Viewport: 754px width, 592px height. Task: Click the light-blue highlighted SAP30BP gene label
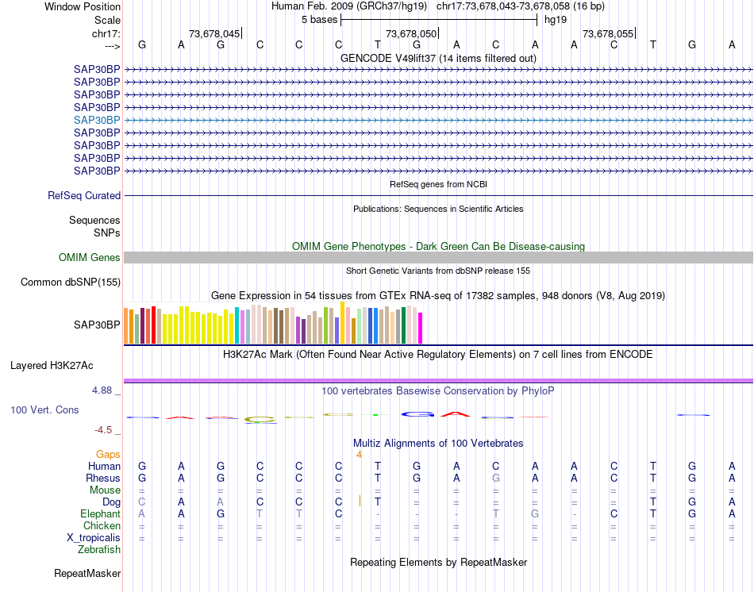tap(97, 120)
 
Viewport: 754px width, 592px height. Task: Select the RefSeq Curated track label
tap(84, 196)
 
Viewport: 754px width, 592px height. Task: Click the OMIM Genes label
tap(90, 258)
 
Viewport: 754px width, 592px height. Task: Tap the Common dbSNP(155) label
tap(71, 283)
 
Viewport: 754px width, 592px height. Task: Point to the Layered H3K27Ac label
tap(52, 366)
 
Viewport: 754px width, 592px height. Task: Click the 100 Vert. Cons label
tap(44, 410)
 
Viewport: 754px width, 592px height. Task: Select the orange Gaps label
tap(108, 455)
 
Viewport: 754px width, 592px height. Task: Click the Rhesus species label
tap(103, 479)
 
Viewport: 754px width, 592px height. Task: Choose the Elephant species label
tap(100, 514)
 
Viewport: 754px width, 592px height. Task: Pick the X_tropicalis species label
tap(94, 538)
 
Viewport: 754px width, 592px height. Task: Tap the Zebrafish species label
tap(99, 550)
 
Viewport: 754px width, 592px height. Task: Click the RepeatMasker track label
tap(87, 573)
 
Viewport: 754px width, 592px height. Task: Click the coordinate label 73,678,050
tap(410, 34)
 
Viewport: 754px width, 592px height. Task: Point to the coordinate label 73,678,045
tap(214, 34)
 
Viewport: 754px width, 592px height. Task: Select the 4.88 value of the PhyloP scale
tap(103, 390)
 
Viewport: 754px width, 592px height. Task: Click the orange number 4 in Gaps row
tap(359, 455)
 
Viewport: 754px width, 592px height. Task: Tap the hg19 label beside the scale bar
tap(556, 20)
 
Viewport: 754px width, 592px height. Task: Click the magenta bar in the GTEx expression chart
tap(421, 329)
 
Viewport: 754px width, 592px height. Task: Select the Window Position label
tap(83, 6)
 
